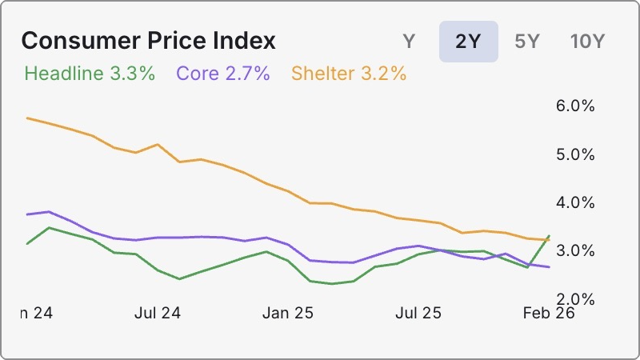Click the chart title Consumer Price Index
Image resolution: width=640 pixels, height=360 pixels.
(148, 42)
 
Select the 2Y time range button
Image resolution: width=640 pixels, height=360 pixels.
(468, 42)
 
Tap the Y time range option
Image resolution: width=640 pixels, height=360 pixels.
(409, 42)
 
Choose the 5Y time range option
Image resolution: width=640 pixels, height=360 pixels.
(527, 42)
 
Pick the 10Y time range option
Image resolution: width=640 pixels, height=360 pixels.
(587, 42)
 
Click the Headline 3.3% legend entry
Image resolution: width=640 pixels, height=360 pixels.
(90, 74)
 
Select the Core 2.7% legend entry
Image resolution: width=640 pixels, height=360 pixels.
(223, 74)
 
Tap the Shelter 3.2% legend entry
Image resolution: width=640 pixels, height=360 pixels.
(349, 74)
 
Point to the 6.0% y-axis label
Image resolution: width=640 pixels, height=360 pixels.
(574, 106)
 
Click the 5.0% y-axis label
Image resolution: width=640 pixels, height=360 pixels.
(574, 154)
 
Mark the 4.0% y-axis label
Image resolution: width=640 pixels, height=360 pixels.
(574, 202)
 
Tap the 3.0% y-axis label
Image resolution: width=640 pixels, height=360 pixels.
(574, 250)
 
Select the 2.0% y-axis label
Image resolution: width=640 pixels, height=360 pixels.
(574, 298)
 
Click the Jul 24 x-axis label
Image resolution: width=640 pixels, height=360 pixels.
(158, 313)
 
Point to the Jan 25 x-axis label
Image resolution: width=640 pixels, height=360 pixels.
(288, 313)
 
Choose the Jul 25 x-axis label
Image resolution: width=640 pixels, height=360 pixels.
(418, 313)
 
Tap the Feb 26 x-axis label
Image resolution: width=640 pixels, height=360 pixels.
(549, 313)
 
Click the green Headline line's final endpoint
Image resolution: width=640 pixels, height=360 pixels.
(549, 236)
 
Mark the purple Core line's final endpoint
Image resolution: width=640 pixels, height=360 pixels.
(549, 267)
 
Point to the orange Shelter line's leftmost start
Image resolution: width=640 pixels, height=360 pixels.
(27, 118)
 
